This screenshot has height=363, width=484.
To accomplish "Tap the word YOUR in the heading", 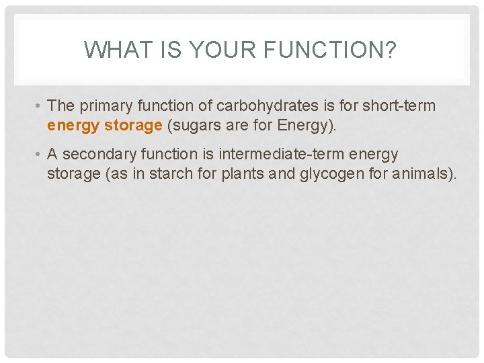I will (208, 50).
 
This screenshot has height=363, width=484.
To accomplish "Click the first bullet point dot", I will (41, 106).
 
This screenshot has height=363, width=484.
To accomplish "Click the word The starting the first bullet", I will (61, 106).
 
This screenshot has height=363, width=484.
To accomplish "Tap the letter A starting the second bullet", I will (52, 155).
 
